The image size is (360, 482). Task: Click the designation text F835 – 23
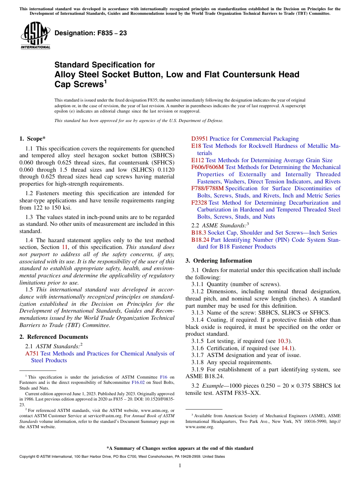click(x=91, y=33)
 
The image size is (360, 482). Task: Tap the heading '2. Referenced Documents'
click(x=53, y=337)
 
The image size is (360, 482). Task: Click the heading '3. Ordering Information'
click(x=219, y=261)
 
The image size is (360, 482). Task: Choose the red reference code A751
click(x=32, y=354)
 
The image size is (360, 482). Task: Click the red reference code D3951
click(x=200, y=139)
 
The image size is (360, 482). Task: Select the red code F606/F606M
click(x=208, y=167)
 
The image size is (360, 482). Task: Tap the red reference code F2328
click(x=199, y=203)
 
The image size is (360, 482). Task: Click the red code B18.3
click(x=199, y=233)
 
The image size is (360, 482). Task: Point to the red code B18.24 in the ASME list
click(x=200, y=240)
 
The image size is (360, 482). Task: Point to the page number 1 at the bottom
click(x=180, y=466)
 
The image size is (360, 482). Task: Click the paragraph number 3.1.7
click(x=198, y=355)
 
